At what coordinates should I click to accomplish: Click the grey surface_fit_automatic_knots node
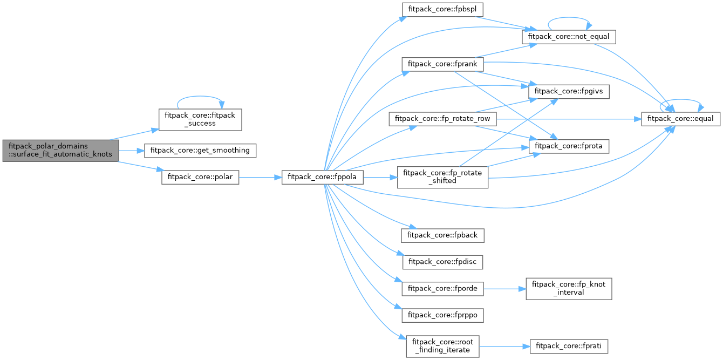pos(60,150)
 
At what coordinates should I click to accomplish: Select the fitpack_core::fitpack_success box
pos(200,119)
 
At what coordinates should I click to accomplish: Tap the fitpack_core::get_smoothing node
pos(200,150)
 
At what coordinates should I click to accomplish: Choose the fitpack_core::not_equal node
pos(568,37)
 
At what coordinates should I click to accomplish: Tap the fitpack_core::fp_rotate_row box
pos(442,119)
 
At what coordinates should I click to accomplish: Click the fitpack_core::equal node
pos(680,119)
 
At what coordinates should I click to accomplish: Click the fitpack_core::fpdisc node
pos(442,262)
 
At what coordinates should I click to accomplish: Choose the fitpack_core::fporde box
pos(442,289)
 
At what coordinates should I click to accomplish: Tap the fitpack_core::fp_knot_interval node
pos(569,289)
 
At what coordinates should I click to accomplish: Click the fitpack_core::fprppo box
pos(442,315)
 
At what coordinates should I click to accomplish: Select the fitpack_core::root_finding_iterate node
pos(442,346)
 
